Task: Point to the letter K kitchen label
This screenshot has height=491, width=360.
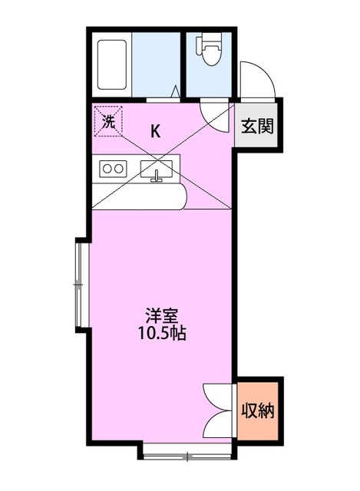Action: click(x=155, y=130)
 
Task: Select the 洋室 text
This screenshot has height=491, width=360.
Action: click(x=162, y=315)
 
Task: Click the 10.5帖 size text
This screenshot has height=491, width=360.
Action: click(x=162, y=334)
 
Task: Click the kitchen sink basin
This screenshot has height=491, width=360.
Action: click(x=159, y=169)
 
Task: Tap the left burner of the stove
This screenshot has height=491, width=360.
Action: click(x=106, y=168)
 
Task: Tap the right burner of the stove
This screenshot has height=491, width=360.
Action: click(x=119, y=168)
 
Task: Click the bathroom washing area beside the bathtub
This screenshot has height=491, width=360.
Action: click(x=157, y=64)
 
